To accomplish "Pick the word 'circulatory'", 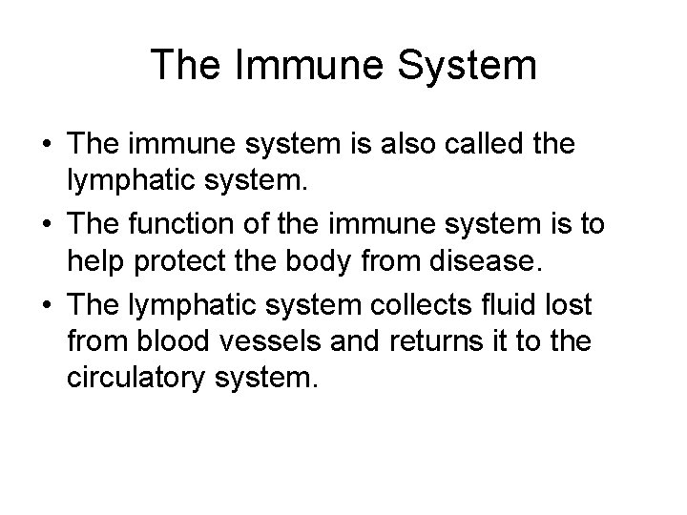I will (144, 380).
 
